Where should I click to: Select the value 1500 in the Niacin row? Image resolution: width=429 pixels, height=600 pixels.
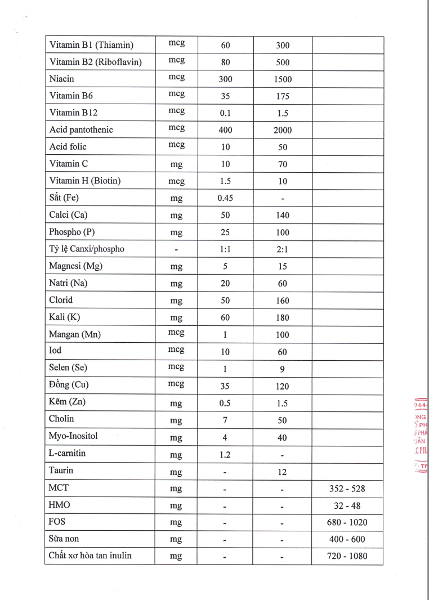pyautogui.click(x=283, y=79)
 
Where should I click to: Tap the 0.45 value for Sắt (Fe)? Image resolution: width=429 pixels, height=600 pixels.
pyautogui.click(x=225, y=198)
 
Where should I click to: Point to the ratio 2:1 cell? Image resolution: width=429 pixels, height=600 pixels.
pyautogui.click(x=283, y=249)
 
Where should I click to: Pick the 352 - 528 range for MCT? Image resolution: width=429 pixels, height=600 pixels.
pyautogui.click(x=347, y=489)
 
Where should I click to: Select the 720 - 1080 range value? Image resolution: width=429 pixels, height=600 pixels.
pyautogui.click(x=347, y=557)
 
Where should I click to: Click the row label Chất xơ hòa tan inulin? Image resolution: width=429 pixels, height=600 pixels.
pyautogui.click(x=91, y=556)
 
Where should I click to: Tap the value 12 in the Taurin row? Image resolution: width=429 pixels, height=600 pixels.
pyautogui.click(x=283, y=471)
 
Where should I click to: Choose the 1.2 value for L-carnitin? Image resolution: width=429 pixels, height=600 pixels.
pyautogui.click(x=225, y=454)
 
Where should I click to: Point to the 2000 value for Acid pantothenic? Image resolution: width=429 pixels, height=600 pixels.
pyautogui.click(x=283, y=130)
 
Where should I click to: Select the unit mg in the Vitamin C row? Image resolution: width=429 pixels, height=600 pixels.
pyautogui.click(x=176, y=164)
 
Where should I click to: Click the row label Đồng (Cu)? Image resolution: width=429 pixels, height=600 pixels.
pyautogui.click(x=69, y=385)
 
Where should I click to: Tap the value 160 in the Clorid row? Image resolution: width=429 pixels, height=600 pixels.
pyautogui.click(x=283, y=301)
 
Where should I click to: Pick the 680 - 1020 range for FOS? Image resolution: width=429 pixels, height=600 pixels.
pyautogui.click(x=347, y=522)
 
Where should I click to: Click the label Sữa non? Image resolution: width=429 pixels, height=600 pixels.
pyautogui.click(x=64, y=539)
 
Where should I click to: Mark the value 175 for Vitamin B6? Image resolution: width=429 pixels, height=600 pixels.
pyautogui.click(x=283, y=96)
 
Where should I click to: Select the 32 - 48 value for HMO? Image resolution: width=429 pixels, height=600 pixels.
pyautogui.click(x=347, y=505)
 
